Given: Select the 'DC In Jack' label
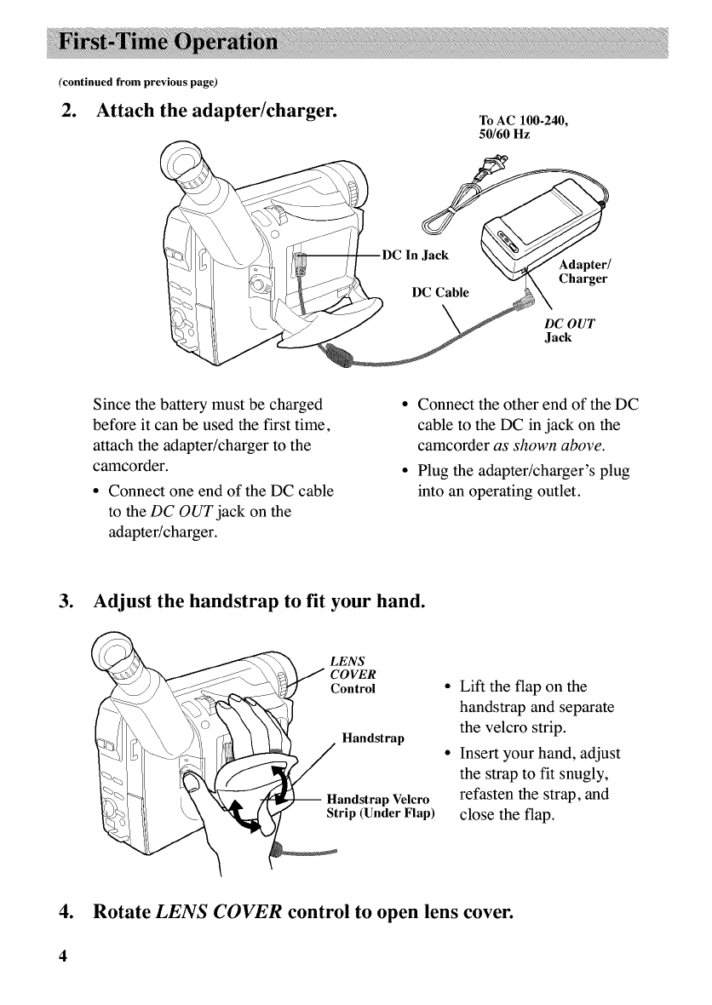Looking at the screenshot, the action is [420, 254].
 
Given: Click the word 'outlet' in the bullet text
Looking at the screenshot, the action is [555, 514].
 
